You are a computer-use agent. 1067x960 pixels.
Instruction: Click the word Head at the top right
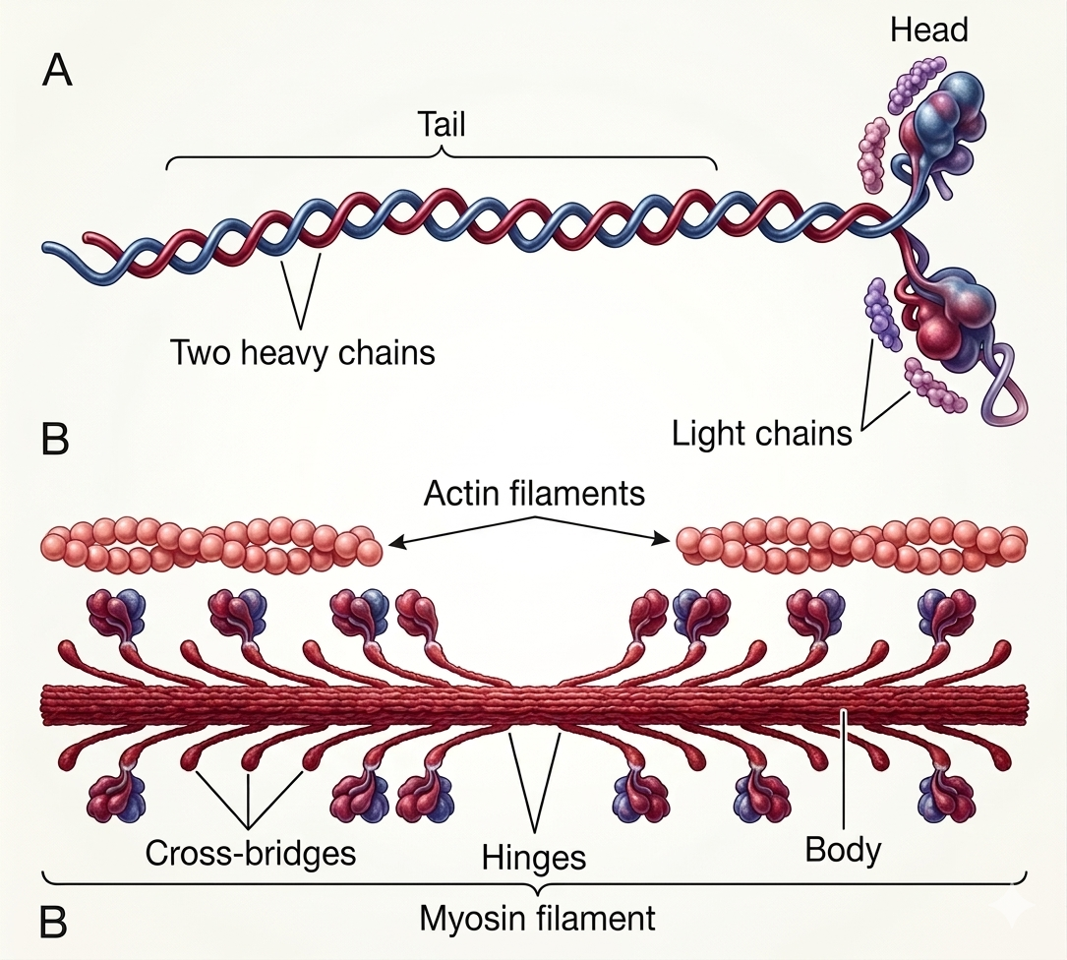point(928,30)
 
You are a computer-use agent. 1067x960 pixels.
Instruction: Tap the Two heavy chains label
point(303,352)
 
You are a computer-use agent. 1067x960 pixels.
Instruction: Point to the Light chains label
point(761,433)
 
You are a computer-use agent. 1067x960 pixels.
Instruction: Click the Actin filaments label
point(534,493)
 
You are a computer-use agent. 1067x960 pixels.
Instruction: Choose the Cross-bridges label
point(250,852)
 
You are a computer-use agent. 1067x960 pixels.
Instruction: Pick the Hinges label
point(534,857)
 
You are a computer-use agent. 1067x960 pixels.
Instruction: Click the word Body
point(843,849)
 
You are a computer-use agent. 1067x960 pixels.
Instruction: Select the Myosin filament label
point(537,919)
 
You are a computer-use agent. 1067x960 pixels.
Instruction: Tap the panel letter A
point(58,72)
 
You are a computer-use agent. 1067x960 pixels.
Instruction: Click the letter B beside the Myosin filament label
point(54,923)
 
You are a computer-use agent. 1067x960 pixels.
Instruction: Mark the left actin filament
point(209,545)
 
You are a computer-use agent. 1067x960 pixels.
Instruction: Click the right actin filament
point(852,545)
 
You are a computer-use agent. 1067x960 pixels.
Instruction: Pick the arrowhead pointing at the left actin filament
point(394,540)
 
